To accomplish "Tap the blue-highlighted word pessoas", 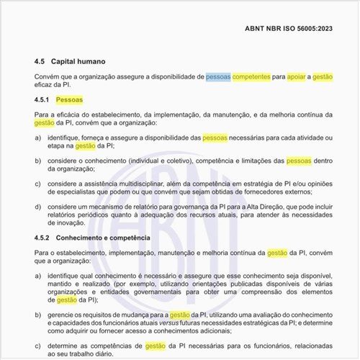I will [x=218, y=76].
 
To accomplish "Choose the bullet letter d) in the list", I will [x=37, y=207].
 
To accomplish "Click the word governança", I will [x=177, y=207].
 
